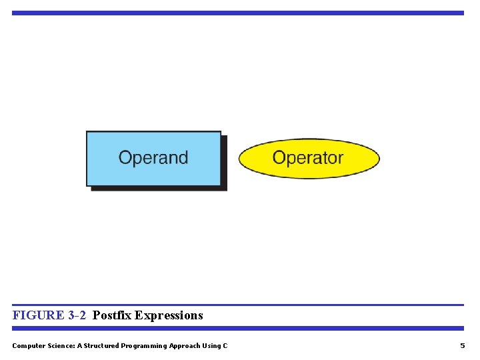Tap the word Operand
[x=153, y=158]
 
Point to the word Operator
[x=308, y=158]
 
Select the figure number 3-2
[x=77, y=315]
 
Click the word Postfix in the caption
[x=112, y=315]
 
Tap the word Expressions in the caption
[x=169, y=315]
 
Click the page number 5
[x=463, y=345]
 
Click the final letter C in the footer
[x=225, y=345]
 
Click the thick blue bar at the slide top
[x=237, y=13]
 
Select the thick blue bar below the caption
[x=237, y=328]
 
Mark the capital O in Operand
[x=125, y=158]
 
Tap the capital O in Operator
[x=279, y=158]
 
